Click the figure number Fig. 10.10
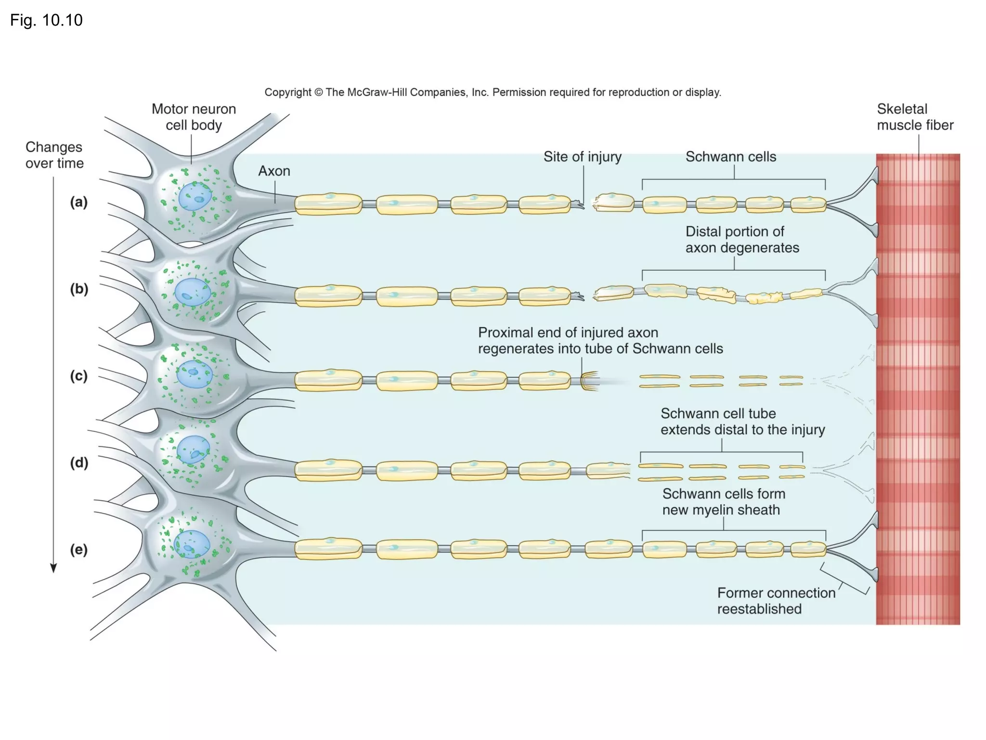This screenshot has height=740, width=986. tap(46, 20)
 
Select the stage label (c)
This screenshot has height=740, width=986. tap(79, 375)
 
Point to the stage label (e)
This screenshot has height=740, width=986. tap(79, 549)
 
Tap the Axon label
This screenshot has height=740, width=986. tap(274, 171)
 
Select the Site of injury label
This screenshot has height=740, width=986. tap(582, 157)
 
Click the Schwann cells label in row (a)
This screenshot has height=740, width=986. tap(730, 157)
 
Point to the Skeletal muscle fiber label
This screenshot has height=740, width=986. tap(914, 117)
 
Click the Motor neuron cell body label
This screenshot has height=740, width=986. tap(194, 117)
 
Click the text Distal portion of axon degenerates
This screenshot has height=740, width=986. tap(741, 239)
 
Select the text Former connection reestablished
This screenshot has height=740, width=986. tap(776, 601)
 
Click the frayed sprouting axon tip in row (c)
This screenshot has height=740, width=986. tap(590, 381)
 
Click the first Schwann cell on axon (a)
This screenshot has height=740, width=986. tap(328, 204)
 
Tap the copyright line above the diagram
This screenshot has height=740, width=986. tap(493, 92)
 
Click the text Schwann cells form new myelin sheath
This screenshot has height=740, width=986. tap(723, 502)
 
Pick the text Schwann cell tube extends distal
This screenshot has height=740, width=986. tap(742, 422)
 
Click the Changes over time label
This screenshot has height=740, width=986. tap(54, 155)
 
